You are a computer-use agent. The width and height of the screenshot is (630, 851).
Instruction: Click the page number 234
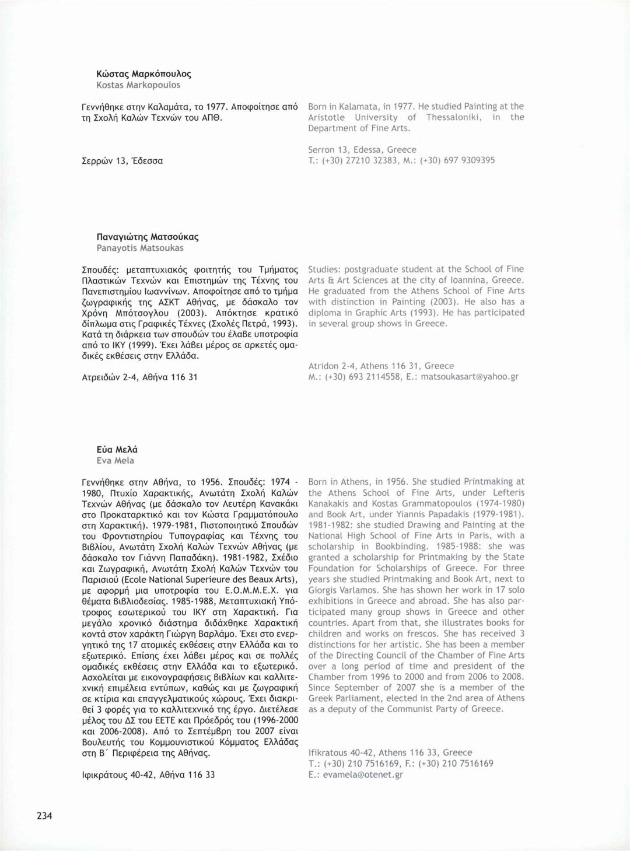pos(44,815)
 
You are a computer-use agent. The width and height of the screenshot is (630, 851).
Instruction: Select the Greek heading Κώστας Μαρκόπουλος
pos(143,74)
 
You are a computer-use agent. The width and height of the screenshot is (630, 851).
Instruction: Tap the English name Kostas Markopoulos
pos(138,85)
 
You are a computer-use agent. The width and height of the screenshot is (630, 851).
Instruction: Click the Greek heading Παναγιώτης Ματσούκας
pos(148,237)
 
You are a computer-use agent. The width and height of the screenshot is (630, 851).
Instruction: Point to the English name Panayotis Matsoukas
pos(140,248)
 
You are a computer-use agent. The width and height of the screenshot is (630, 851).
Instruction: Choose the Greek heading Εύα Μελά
pos(117,450)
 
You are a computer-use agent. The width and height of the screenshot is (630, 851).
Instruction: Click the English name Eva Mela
pos(116,461)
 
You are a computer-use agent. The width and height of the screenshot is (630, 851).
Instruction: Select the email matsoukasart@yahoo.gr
pos(470,377)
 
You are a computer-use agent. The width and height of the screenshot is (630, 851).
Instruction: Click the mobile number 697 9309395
pos(469,160)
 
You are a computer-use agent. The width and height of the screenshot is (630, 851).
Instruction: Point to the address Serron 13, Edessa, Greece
pos(362,150)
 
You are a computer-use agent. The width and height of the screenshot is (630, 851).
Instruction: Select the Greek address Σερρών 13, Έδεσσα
pos(123,161)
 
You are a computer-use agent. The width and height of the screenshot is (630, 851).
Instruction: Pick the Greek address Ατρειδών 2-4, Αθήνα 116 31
pos(140,377)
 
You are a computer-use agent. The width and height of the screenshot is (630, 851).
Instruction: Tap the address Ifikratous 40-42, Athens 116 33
pos(390,753)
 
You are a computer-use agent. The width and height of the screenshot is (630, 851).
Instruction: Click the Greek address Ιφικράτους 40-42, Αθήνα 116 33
pos(149,775)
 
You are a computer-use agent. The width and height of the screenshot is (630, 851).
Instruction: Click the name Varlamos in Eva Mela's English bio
pos(358,590)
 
